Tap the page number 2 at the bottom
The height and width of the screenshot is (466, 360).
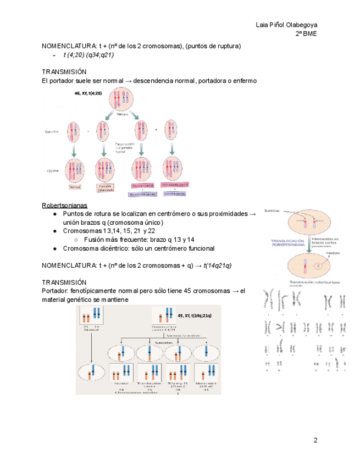(x=315, y=440)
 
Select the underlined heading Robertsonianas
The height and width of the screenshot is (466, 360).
(x=64, y=205)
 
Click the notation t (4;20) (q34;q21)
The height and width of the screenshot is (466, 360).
(x=88, y=55)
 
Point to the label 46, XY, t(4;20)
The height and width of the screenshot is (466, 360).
(x=88, y=93)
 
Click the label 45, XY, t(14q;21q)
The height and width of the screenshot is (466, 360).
(x=195, y=316)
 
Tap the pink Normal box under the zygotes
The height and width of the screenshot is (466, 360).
(x=74, y=187)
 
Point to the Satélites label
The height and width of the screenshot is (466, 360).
(x=272, y=210)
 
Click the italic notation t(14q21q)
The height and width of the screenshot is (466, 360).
(x=217, y=265)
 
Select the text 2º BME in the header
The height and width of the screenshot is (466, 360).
(x=306, y=34)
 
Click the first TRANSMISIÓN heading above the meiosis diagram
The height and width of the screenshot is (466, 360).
(x=64, y=72)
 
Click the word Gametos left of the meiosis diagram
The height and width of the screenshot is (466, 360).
(x=52, y=132)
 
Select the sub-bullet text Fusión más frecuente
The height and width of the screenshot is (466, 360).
(x=117, y=240)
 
